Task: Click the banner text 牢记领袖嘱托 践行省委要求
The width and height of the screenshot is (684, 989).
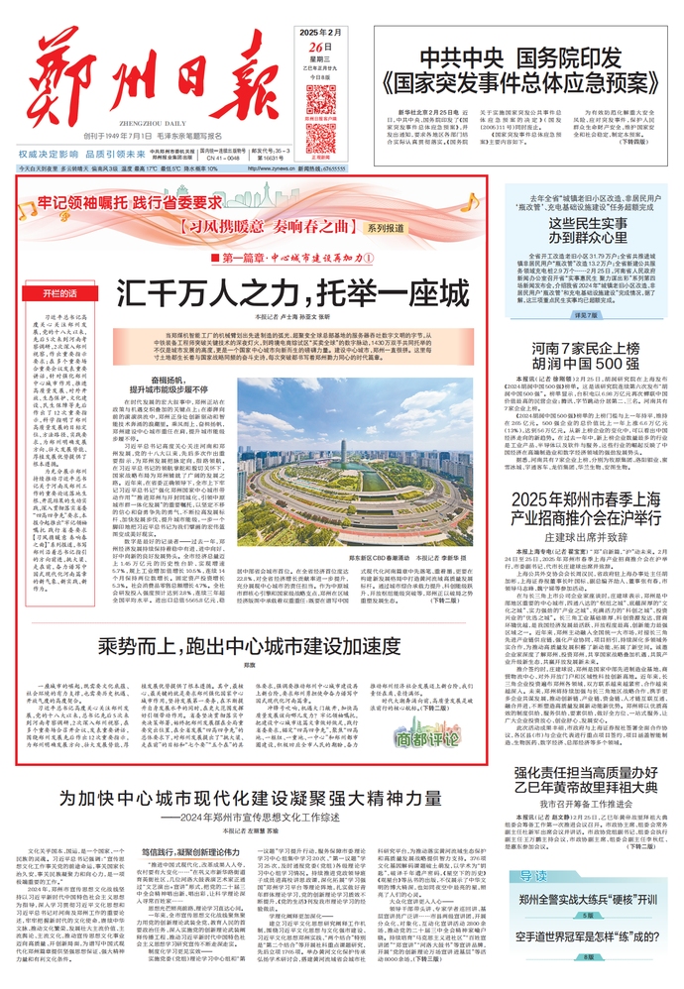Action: point(129,201)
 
